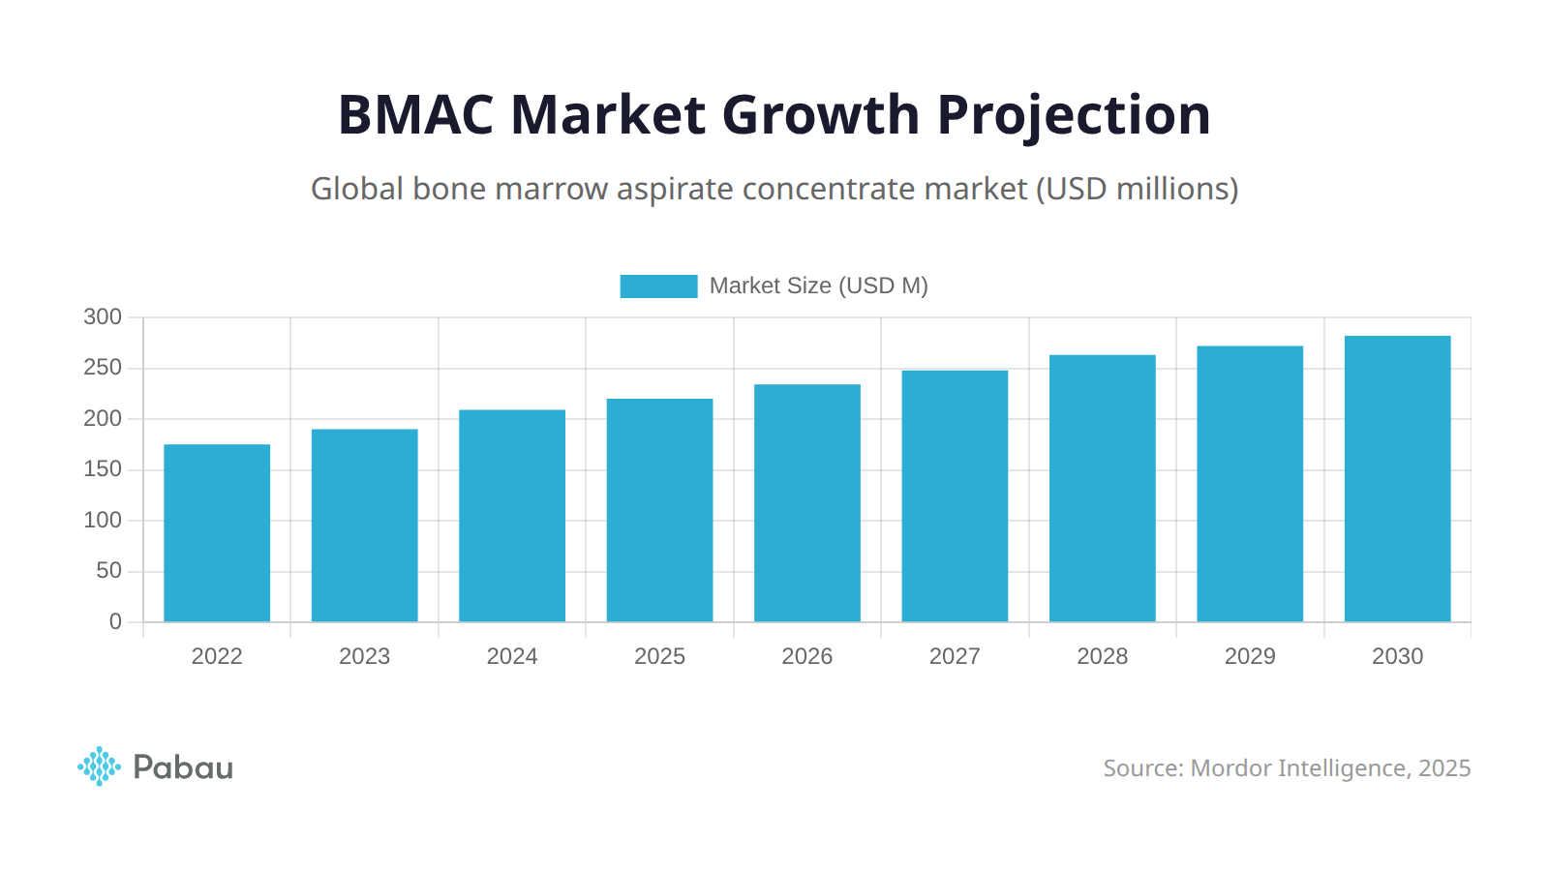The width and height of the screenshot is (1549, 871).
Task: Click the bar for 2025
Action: pyautogui.click(x=659, y=510)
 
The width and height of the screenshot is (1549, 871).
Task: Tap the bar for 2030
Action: pyautogui.click(x=1397, y=478)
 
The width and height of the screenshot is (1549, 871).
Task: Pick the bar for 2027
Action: pyautogui.click(x=955, y=496)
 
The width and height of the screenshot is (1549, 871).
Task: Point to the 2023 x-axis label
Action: pyautogui.click(x=364, y=656)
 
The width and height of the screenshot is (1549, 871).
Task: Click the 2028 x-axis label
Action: pyautogui.click(x=1102, y=656)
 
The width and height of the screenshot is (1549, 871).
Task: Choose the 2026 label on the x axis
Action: pyautogui.click(x=806, y=656)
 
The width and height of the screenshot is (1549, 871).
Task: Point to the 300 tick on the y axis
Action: pyautogui.click(x=103, y=317)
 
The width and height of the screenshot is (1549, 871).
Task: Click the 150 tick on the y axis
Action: pyautogui.click(x=103, y=469)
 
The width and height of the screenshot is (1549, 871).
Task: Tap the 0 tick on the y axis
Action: pyautogui.click(x=115, y=622)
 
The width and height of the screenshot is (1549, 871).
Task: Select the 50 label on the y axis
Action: pyautogui.click(x=108, y=571)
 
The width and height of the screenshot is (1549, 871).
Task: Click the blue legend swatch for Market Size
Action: pyautogui.click(x=658, y=286)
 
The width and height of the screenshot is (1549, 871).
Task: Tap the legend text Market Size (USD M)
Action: pyautogui.click(x=818, y=286)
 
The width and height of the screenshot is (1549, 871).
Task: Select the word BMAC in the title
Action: pyautogui.click(x=415, y=115)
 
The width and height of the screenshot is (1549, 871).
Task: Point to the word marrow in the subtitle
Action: pyautogui.click(x=551, y=189)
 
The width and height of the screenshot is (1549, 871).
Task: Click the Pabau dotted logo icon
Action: pyautogui.click(x=99, y=766)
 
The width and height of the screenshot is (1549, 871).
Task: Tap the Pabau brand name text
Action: pyautogui.click(x=183, y=767)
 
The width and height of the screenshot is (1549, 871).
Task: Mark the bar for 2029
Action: pyautogui.click(x=1250, y=484)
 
